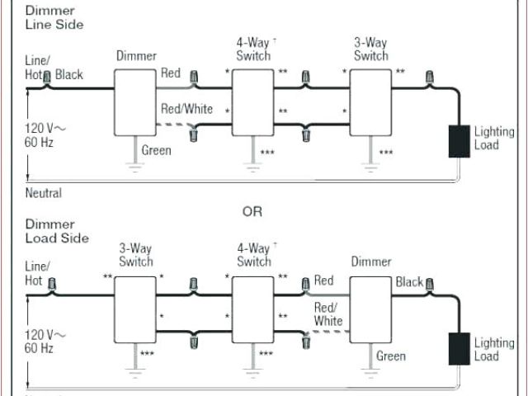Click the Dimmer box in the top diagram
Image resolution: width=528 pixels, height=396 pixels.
134,101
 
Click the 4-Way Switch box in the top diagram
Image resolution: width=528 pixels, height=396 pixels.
252,101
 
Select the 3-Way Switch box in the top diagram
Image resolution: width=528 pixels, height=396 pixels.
370,101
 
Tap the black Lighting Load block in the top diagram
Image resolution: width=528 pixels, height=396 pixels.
458,141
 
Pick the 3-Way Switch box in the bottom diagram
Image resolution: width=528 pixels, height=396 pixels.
134,308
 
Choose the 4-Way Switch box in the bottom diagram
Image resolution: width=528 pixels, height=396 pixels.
252,308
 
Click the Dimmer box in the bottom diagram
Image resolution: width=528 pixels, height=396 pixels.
370,308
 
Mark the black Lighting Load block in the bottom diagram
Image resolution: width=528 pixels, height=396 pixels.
458,348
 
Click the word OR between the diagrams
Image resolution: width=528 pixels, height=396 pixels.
252,212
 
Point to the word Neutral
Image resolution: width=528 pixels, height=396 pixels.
44,194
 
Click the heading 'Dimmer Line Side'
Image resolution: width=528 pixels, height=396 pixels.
54,17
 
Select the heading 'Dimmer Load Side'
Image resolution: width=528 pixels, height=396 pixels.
54,231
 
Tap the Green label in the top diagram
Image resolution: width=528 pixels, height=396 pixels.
157,150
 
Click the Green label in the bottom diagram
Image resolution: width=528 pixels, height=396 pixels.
390,356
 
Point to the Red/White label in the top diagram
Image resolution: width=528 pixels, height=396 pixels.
186,109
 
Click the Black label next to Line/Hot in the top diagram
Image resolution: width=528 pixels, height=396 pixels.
69,75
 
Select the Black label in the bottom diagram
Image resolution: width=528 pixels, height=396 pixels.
409,282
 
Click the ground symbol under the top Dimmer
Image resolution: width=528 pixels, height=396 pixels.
134,165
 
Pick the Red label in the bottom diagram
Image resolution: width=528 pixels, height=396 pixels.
323,281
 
